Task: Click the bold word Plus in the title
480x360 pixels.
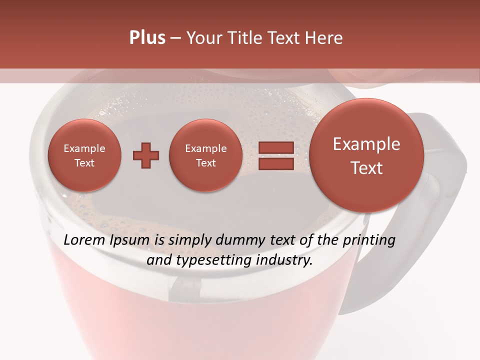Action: point(147,38)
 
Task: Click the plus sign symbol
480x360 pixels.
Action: point(146,155)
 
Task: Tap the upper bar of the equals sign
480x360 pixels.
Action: point(275,148)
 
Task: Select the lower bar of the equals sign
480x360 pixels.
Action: point(275,163)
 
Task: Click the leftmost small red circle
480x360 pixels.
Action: point(84,155)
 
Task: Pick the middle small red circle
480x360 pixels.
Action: point(205,155)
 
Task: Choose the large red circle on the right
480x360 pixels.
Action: point(366,155)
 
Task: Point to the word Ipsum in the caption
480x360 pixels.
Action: point(131,241)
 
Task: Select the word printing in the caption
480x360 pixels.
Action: point(369,241)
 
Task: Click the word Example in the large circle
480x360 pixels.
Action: point(366,144)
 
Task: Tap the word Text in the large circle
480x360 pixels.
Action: point(366,168)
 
